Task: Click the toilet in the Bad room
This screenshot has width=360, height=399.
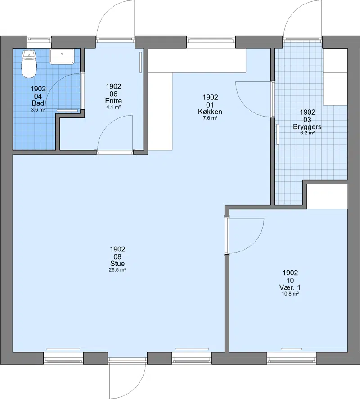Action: [x=29, y=64]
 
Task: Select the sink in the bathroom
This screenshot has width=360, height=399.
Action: [x=62, y=57]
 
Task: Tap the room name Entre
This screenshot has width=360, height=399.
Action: [x=113, y=101]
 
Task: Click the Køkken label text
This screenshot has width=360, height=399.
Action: [x=210, y=112]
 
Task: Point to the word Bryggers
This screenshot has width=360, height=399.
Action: [x=307, y=127]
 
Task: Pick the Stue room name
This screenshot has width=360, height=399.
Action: [x=117, y=264]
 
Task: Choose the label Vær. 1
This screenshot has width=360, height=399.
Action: [x=290, y=287]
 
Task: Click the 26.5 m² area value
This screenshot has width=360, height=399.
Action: [x=117, y=270]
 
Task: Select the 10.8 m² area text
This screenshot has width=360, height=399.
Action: [x=290, y=294]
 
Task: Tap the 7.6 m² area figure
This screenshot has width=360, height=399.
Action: [x=210, y=118]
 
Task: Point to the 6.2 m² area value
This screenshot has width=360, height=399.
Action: [x=307, y=133]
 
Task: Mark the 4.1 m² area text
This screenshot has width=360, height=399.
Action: [x=113, y=107]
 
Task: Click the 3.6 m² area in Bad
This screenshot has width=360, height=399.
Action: [x=38, y=110]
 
